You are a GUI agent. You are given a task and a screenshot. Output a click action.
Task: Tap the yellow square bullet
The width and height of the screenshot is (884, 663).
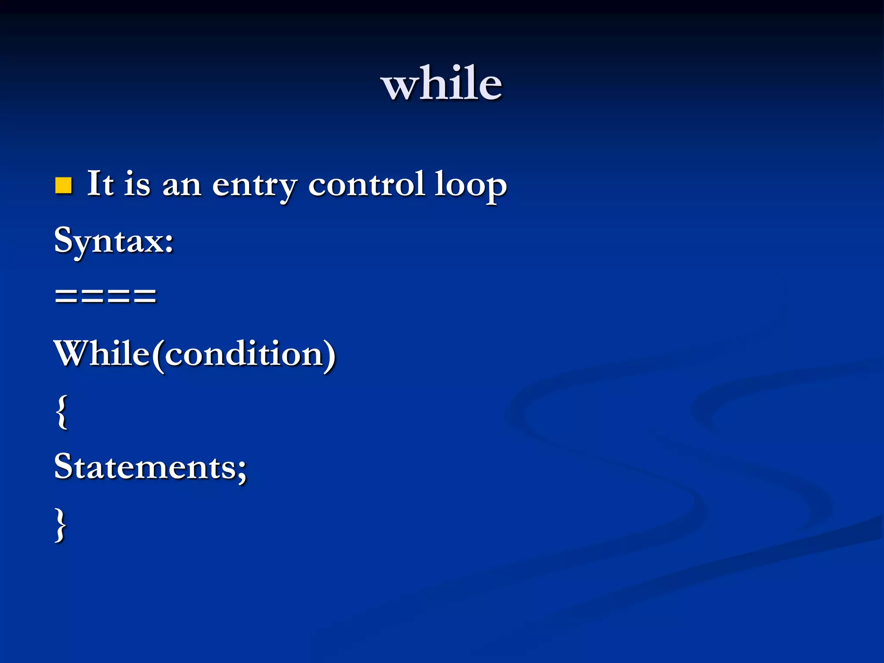(63, 186)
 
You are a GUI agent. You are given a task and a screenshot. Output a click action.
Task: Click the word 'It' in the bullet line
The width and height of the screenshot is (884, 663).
(100, 184)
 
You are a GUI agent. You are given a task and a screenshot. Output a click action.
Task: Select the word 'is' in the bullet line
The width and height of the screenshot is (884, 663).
(138, 184)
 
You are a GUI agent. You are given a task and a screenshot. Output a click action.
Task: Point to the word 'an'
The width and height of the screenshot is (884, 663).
(182, 186)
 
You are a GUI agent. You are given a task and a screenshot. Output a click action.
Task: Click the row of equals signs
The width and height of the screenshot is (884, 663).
(105, 296)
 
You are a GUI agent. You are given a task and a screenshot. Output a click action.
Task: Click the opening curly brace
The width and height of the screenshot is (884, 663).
(62, 412)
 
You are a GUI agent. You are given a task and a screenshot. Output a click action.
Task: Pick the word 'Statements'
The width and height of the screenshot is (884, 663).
(145, 467)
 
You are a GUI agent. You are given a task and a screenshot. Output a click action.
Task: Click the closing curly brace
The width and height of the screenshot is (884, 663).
(61, 525)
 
